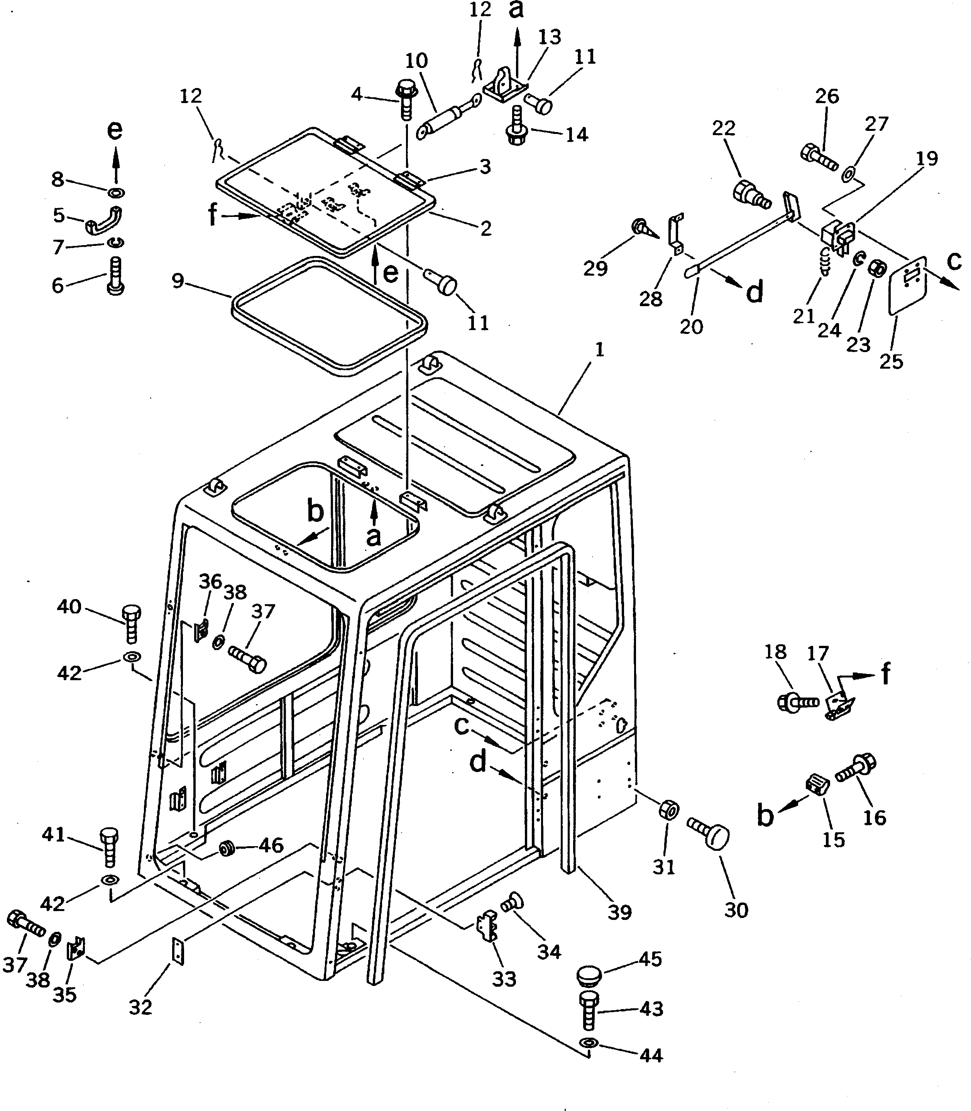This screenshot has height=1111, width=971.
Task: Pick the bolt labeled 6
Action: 115,276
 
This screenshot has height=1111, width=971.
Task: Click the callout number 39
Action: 619,912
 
